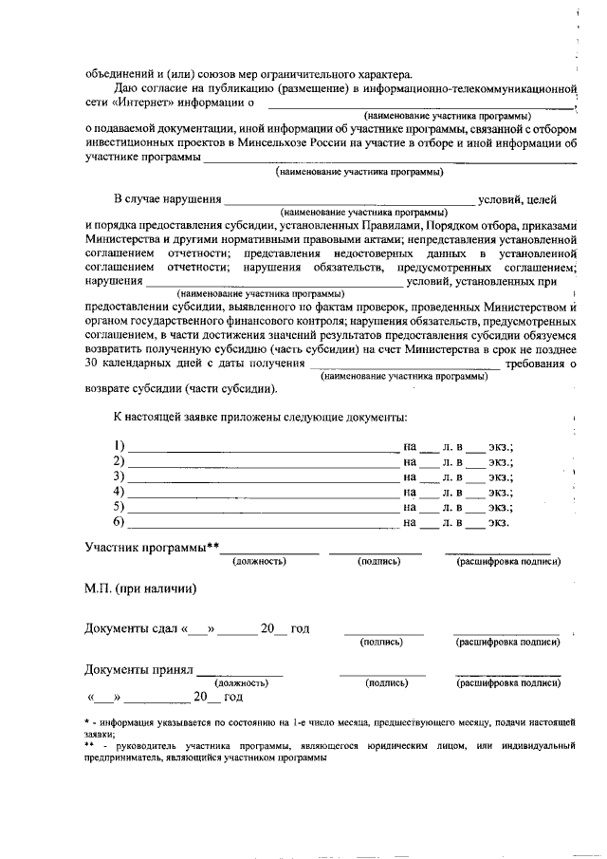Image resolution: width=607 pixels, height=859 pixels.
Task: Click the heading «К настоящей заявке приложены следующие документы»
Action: point(261,417)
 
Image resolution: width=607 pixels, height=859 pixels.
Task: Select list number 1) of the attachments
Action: point(119,446)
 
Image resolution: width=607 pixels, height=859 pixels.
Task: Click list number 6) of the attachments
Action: point(119,522)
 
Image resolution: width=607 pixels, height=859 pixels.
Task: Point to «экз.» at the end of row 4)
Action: point(500,492)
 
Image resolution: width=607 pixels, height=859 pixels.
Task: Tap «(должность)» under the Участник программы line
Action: point(259,562)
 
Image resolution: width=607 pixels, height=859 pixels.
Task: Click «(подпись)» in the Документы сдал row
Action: point(382,643)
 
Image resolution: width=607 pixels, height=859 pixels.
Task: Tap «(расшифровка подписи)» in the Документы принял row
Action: point(507,682)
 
